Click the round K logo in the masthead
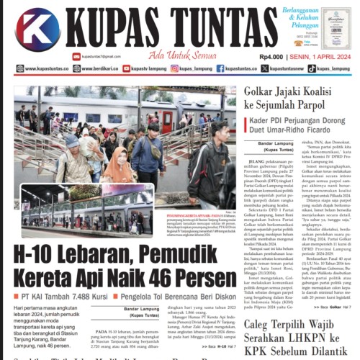coord(37,28)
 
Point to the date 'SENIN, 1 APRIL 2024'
coord(320,56)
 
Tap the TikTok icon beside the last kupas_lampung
coord(311,69)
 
